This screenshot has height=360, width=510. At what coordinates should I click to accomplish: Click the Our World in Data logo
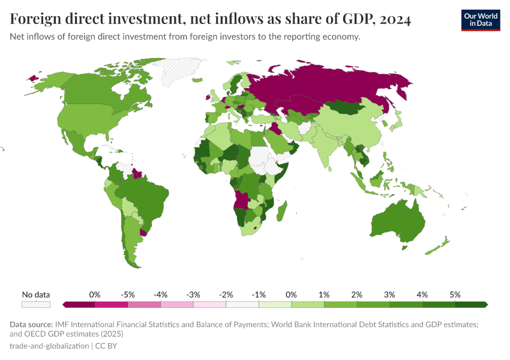(x=480, y=20)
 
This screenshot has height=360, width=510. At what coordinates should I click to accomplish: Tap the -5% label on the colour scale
(x=127, y=295)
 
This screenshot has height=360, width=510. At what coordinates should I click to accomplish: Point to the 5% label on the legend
(x=455, y=295)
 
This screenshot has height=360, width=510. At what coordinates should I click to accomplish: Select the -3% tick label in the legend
(x=193, y=295)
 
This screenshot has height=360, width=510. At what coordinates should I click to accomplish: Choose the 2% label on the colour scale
(x=356, y=295)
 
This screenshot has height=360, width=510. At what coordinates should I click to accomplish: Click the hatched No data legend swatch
(x=35, y=305)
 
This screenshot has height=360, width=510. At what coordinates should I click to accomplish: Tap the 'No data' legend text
(x=35, y=295)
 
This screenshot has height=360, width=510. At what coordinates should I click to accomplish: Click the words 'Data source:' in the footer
(x=32, y=325)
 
